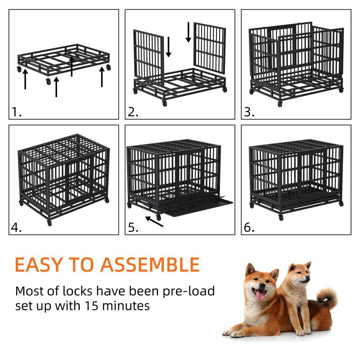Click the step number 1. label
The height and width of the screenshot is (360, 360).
(x=17, y=112)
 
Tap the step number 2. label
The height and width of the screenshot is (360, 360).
(x=133, y=112)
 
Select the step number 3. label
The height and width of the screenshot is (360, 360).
(x=249, y=112)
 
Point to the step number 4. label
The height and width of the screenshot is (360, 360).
(x=17, y=227)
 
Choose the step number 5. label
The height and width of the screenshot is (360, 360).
(x=133, y=227)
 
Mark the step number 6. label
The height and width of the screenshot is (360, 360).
(x=249, y=227)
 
